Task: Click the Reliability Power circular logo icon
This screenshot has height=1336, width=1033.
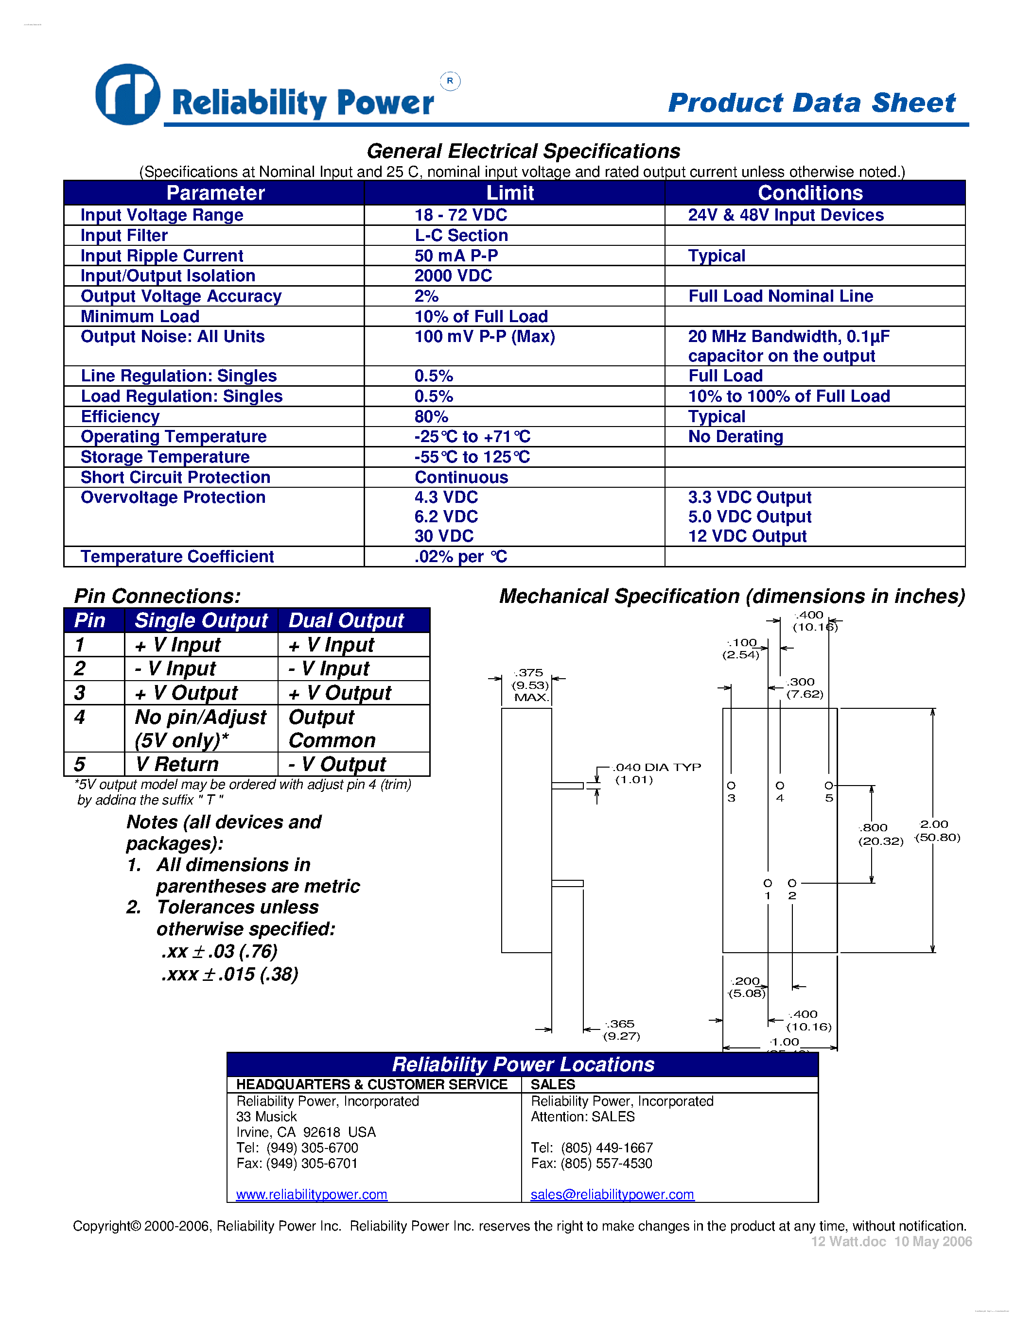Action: (x=128, y=95)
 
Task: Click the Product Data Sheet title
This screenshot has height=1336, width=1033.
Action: (x=811, y=103)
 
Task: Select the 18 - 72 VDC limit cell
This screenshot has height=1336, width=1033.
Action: (x=460, y=215)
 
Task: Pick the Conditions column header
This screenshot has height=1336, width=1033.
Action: (x=810, y=193)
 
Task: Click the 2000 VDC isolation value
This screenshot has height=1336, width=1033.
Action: (x=453, y=276)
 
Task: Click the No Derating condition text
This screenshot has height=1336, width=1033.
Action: (x=735, y=437)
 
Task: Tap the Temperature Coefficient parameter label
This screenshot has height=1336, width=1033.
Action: (x=177, y=557)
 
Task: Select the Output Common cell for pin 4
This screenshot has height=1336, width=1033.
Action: (x=331, y=729)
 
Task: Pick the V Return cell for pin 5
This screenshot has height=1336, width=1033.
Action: (x=177, y=764)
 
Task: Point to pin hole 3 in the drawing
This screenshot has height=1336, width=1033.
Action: (x=731, y=786)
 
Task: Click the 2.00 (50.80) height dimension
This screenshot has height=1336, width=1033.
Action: (x=936, y=831)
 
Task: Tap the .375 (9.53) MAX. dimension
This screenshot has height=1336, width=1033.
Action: (x=530, y=685)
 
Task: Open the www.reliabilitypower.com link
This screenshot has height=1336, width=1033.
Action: (x=312, y=1194)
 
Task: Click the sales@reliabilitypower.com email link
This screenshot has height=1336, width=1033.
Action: (x=612, y=1194)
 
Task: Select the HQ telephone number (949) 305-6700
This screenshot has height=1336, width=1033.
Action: (x=312, y=1148)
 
